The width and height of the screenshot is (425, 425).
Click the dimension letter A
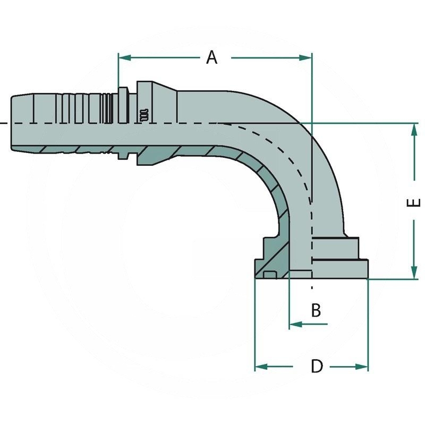click(212, 57)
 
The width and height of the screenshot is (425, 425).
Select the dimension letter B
click(316, 310)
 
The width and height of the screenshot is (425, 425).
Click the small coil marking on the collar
click(143, 115)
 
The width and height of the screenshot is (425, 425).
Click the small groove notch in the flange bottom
click(269, 275)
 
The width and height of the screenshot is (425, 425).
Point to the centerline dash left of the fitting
click(3, 123)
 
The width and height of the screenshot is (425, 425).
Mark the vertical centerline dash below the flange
click(312, 287)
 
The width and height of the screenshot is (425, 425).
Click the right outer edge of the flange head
click(367, 268)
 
